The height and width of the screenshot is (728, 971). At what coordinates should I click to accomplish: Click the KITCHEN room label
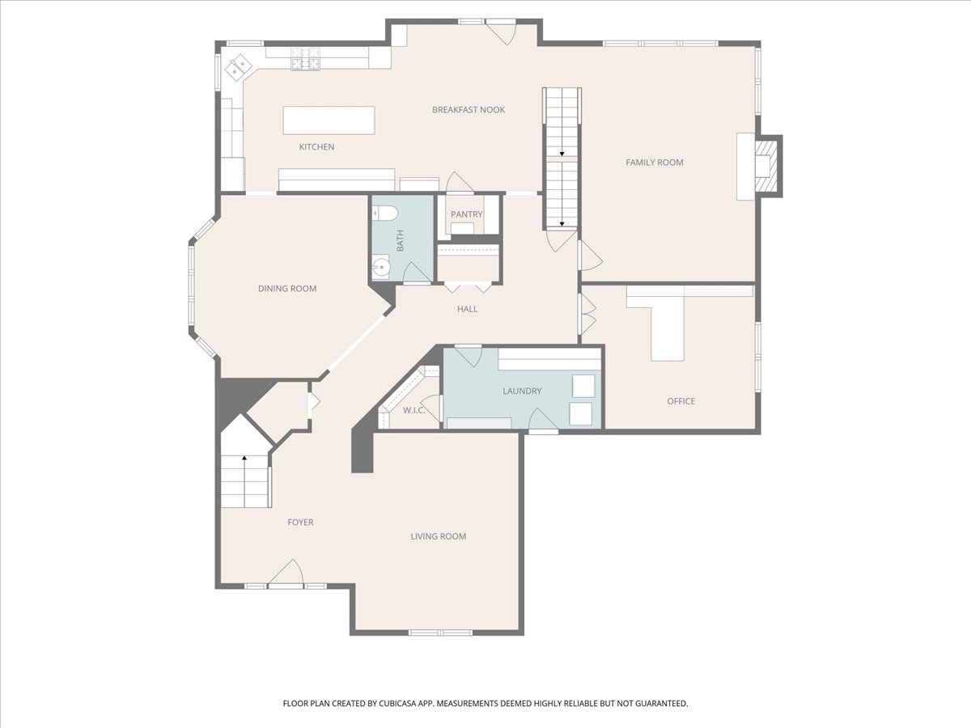316,146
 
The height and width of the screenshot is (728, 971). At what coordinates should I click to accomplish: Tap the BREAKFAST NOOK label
469,110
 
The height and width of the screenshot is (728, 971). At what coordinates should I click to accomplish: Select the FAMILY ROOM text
655,163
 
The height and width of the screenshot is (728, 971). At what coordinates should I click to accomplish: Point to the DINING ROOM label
287,289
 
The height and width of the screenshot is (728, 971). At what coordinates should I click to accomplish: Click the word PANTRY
467,214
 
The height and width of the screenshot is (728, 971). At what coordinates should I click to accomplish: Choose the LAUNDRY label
522,391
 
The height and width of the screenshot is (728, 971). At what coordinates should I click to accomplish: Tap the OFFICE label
681,401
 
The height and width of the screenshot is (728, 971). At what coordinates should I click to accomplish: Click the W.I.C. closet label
414,410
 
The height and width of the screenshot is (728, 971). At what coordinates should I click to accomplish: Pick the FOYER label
300,522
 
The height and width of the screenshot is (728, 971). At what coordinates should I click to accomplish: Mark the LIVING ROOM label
438,536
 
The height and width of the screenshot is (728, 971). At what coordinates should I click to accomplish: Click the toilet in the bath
385,214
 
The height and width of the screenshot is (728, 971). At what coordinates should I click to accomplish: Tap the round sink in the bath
380,268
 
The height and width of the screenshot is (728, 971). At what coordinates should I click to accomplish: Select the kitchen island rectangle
329,121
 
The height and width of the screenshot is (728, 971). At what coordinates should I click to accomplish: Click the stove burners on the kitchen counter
305,59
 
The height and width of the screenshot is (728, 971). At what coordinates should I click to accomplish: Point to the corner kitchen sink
238,67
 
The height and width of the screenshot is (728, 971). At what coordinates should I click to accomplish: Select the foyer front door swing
287,573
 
